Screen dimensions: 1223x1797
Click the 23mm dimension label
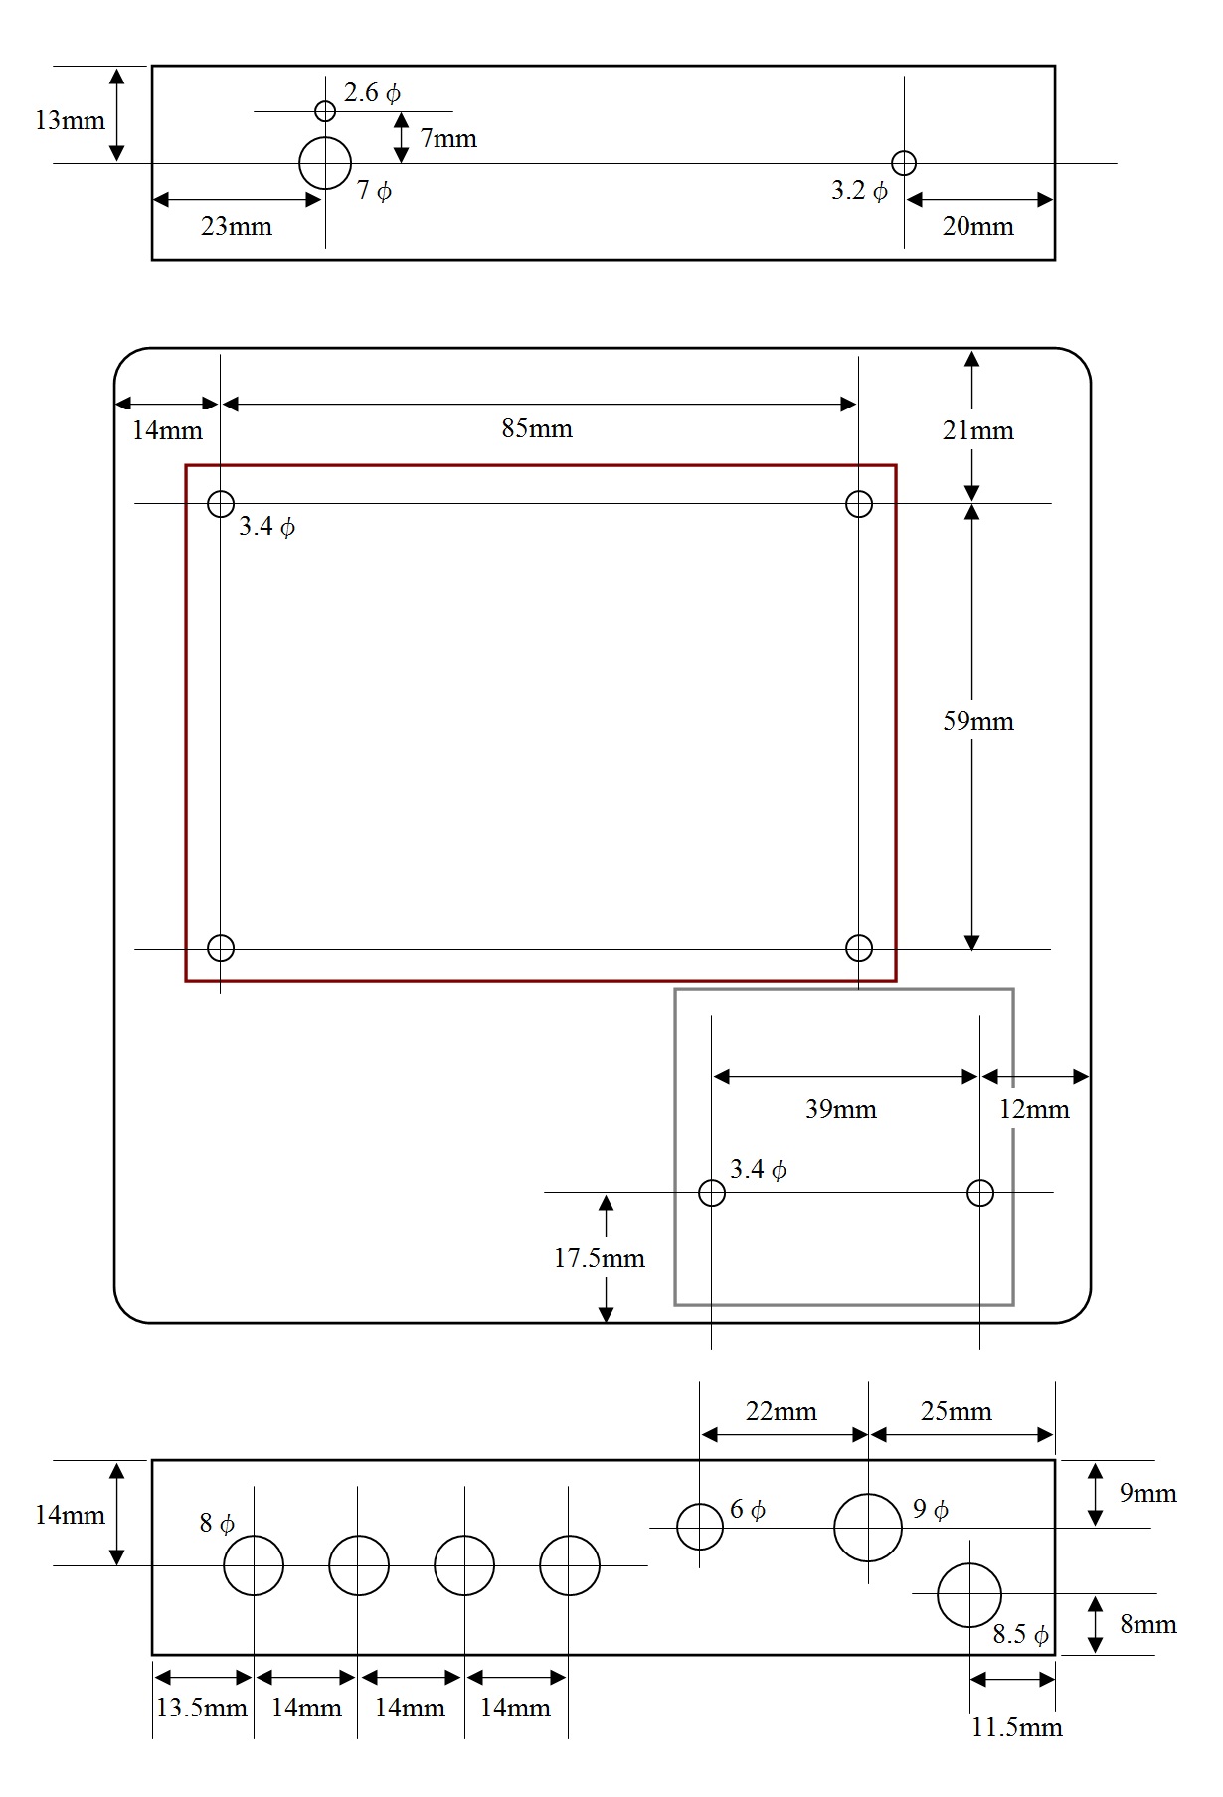coord(237,227)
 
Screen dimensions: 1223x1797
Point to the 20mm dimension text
coord(978,227)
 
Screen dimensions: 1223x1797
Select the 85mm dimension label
coord(537,429)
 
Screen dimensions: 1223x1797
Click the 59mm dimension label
coord(978,721)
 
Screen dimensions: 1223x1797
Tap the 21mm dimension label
coord(978,431)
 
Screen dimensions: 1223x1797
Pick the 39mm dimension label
coord(841,1109)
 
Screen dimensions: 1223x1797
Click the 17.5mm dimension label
coord(600,1259)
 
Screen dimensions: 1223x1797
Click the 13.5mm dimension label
coord(202,1709)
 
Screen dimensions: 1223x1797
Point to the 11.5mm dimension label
coord(1017,1728)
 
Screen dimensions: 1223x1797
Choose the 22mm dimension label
coord(782,1412)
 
